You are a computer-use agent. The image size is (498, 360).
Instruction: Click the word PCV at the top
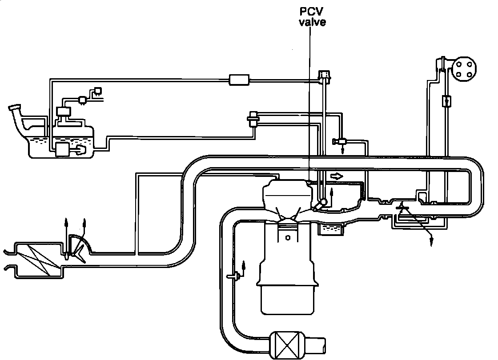pyautogui.click(x=311, y=12)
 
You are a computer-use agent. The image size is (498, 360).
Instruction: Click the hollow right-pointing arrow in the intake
pyautogui.click(x=337, y=176)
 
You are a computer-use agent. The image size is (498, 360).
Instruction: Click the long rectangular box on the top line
pyautogui.click(x=239, y=80)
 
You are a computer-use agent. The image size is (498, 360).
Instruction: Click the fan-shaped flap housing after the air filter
pyautogui.click(x=80, y=247)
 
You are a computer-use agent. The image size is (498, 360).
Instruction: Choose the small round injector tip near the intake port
pyautogui.click(x=323, y=201)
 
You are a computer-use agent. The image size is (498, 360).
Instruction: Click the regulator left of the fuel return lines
pyautogui.click(x=253, y=119)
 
